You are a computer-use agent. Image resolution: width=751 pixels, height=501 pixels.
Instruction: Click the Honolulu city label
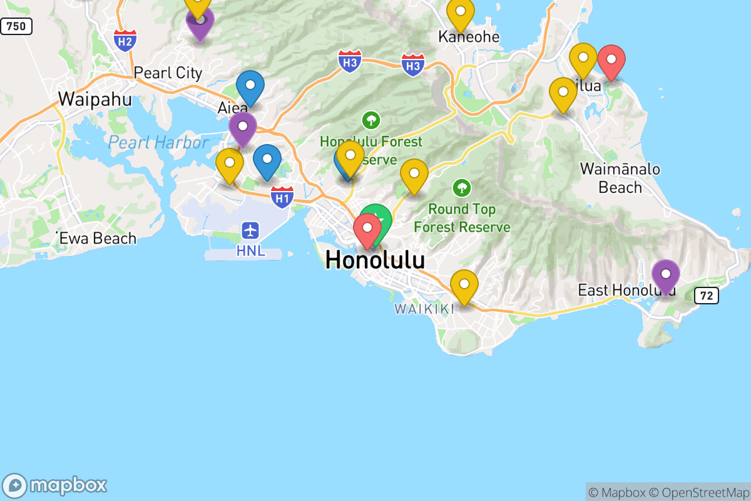pos(375,259)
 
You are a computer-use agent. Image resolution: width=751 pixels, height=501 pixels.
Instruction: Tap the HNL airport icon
pos(250,230)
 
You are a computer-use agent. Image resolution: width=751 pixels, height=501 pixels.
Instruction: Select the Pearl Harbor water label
pos(158,143)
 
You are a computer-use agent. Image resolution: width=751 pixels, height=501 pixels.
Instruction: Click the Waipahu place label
pos(95,99)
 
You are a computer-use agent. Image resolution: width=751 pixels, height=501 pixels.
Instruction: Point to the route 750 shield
pos(16,26)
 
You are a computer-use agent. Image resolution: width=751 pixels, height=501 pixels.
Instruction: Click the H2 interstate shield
pos(125,41)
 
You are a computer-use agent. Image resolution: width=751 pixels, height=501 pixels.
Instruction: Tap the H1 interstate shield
pos(282,197)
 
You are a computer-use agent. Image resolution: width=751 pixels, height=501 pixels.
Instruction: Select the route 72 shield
pos(707,296)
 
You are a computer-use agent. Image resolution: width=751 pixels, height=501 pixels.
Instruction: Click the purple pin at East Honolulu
pos(666,274)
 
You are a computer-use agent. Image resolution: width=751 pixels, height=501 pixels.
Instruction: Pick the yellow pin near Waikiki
pos(464,284)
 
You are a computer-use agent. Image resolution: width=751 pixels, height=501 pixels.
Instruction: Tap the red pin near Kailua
pos(611,60)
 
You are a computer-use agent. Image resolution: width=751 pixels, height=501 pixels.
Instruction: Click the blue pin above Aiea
pos(250,86)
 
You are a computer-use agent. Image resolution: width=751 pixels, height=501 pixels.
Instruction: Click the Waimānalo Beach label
pos(620,178)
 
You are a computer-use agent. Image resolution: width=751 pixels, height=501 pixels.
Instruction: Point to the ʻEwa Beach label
pos(96,238)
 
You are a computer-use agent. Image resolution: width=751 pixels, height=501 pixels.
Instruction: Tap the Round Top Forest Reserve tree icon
pos(462,187)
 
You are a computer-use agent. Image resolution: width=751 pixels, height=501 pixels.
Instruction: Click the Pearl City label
pos(168,73)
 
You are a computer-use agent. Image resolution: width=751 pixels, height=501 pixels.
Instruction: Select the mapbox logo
pos(55,485)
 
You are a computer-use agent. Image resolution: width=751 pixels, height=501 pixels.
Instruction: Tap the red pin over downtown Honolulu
pos(367,229)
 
